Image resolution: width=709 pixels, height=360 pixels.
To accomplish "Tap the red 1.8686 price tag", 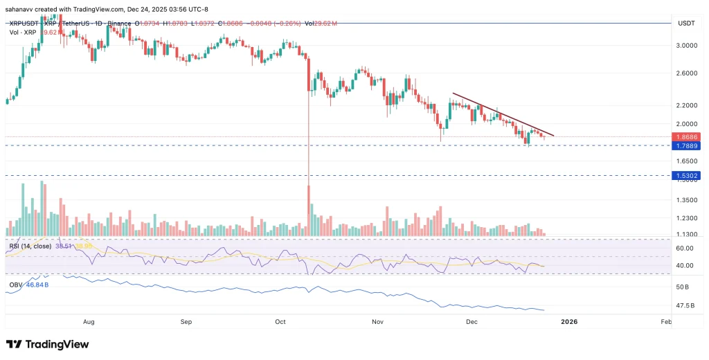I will [687, 137].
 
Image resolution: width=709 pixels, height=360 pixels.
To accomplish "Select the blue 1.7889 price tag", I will [687, 146].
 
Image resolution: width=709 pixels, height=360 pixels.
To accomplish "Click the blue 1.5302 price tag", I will [687, 176].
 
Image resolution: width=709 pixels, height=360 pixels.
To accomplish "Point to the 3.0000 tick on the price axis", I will [685, 46].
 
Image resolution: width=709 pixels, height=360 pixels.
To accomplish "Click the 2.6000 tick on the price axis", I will [685, 73].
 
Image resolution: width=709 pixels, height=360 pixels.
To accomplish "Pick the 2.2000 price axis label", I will [685, 105].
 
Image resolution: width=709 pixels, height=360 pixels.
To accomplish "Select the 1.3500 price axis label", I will [685, 200].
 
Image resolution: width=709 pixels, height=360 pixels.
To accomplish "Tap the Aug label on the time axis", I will [89, 322].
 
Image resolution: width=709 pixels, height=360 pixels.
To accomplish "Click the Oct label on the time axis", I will [280, 322].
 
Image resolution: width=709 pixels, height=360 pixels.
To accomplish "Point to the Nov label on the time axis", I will [377, 322].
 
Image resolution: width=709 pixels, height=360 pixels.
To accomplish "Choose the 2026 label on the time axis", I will [568, 322].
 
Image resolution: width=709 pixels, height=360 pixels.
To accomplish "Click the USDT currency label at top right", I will [685, 23].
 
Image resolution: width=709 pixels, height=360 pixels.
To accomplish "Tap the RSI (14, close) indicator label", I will [31, 246].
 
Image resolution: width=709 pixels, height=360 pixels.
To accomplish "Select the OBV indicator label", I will [15, 285].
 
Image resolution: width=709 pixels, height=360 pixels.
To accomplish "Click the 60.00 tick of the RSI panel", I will [685, 248].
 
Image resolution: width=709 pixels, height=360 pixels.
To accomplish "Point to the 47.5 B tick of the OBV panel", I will [685, 305].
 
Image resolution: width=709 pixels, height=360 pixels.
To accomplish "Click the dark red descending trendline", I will [502, 114].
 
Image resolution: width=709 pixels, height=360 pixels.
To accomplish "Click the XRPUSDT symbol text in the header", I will [24, 24].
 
